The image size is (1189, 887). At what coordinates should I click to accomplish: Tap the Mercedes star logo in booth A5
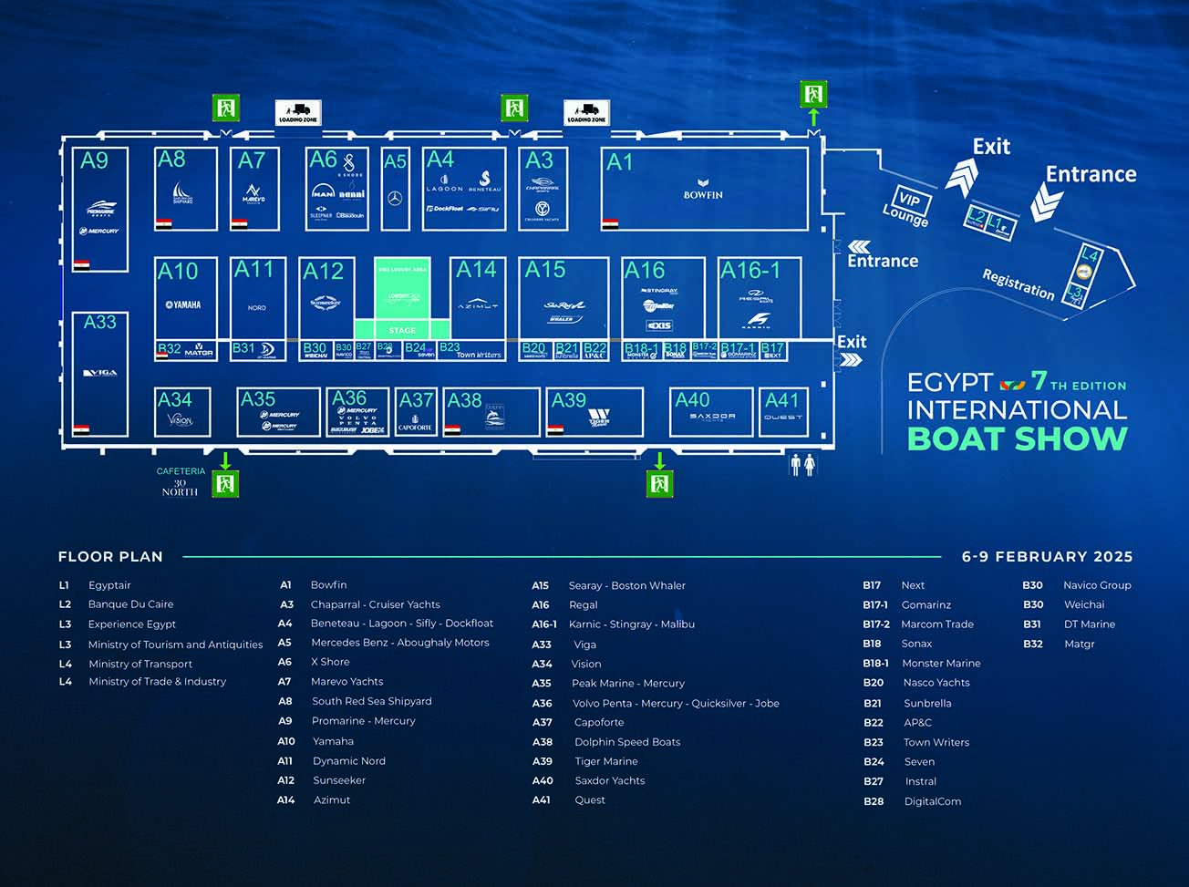(x=395, y=199)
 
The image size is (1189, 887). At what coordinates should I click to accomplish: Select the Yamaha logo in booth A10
(x=183, y=304)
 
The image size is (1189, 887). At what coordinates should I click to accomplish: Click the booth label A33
(x=99, y=322)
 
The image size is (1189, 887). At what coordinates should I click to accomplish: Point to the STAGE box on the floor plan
(x=402, y=330)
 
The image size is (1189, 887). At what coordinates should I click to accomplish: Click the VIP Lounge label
(x=906, y=208)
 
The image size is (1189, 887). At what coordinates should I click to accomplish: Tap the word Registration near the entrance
(x=1018, y=284)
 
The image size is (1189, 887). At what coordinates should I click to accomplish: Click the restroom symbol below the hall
(x=802, y=465)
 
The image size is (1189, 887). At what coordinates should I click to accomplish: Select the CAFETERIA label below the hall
(x=181, y=471)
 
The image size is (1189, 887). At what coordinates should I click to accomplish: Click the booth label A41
(x=781, y=400)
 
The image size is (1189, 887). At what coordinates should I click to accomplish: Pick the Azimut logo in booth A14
(x=477, y=305)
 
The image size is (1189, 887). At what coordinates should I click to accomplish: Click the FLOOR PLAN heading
(x=110, y=556)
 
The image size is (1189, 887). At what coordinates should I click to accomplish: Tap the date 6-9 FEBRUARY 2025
(x=1047, y=556)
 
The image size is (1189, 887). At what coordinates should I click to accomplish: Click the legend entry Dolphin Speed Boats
(x=627, y=742)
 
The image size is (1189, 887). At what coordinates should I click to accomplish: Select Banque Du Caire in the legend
(x=130, y=604)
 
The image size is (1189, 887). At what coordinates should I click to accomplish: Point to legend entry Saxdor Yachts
(x=609, y=780)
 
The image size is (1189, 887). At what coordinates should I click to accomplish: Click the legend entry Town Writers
(x=936, y=742)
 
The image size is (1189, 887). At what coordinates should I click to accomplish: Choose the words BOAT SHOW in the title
(x=1017, y=438)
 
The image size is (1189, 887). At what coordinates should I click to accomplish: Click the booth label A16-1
(x=750, y=271)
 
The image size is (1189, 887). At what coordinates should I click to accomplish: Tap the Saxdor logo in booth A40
(x=712, y=417)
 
